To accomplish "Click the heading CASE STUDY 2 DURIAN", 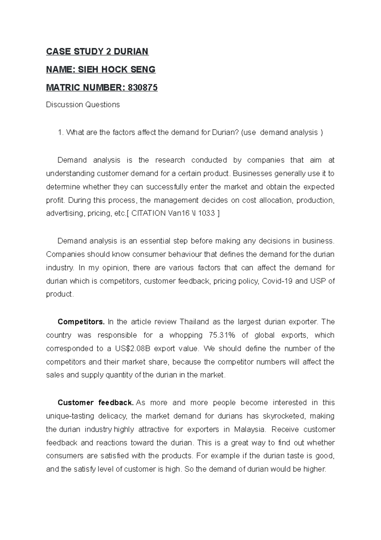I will [97, 52].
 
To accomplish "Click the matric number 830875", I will [142, 87].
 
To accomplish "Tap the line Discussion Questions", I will [83, 105].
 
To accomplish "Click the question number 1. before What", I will [61, 132].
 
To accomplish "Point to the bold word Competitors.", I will [81, 322].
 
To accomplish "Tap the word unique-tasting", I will [68, 416].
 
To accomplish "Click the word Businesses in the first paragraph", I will [252, 173].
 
